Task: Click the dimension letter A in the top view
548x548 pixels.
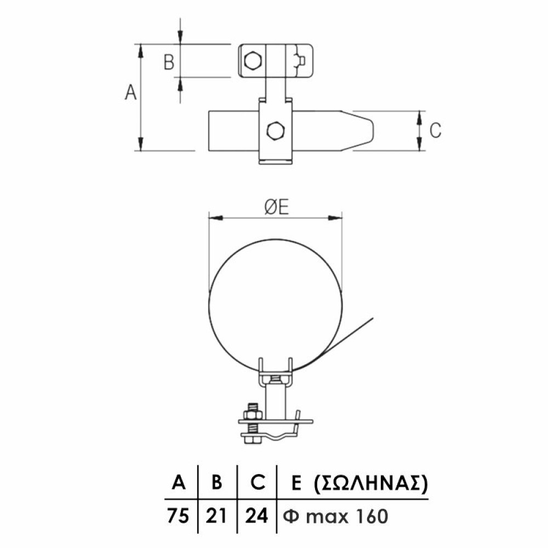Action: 131,92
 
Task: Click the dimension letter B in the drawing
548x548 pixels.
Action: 169,62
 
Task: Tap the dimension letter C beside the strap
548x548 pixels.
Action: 435,130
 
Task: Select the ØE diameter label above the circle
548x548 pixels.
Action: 276,207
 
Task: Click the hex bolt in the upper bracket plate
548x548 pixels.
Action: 252,61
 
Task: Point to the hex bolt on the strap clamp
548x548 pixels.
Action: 276,131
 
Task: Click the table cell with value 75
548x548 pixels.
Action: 178,516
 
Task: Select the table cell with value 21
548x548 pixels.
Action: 216,516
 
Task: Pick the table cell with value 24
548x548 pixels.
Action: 256,516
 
